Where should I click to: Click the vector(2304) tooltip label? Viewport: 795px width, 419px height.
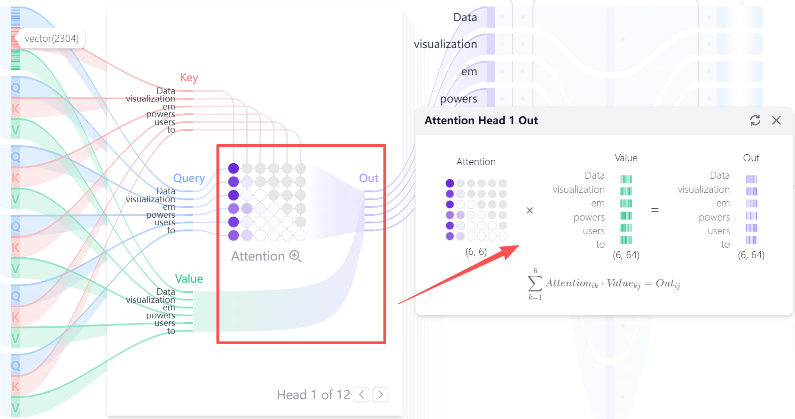(x=52, y=39)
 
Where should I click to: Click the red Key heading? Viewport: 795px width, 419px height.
(x=189, y=78)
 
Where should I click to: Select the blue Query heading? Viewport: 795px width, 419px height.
(x=189, y=178)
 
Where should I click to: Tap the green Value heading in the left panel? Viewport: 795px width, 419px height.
(x=189, y=279)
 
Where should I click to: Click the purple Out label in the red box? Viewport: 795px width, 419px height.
(x=369, y=178)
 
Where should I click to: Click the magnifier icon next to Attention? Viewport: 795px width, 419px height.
(x=295, y=256)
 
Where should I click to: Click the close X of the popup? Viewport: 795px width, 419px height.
(x=776, y=120)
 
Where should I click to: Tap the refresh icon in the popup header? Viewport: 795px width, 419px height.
(x=755, y=120)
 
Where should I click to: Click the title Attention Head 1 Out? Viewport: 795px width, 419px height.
(x=481, y=120)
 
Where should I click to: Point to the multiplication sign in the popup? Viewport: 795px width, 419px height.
(x=530, y=211)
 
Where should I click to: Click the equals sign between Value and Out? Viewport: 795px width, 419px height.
(x=655, y=210)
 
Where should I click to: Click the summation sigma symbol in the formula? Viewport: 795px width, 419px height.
(x=535, y=284)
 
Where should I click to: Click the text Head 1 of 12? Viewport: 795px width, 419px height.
(x=313, y=395)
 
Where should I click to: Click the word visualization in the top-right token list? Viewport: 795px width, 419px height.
(x=445, y=44)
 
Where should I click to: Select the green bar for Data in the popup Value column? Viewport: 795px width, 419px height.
(x=626, y=179)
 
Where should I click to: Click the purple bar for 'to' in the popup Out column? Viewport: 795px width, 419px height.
(x=751, y=240)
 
